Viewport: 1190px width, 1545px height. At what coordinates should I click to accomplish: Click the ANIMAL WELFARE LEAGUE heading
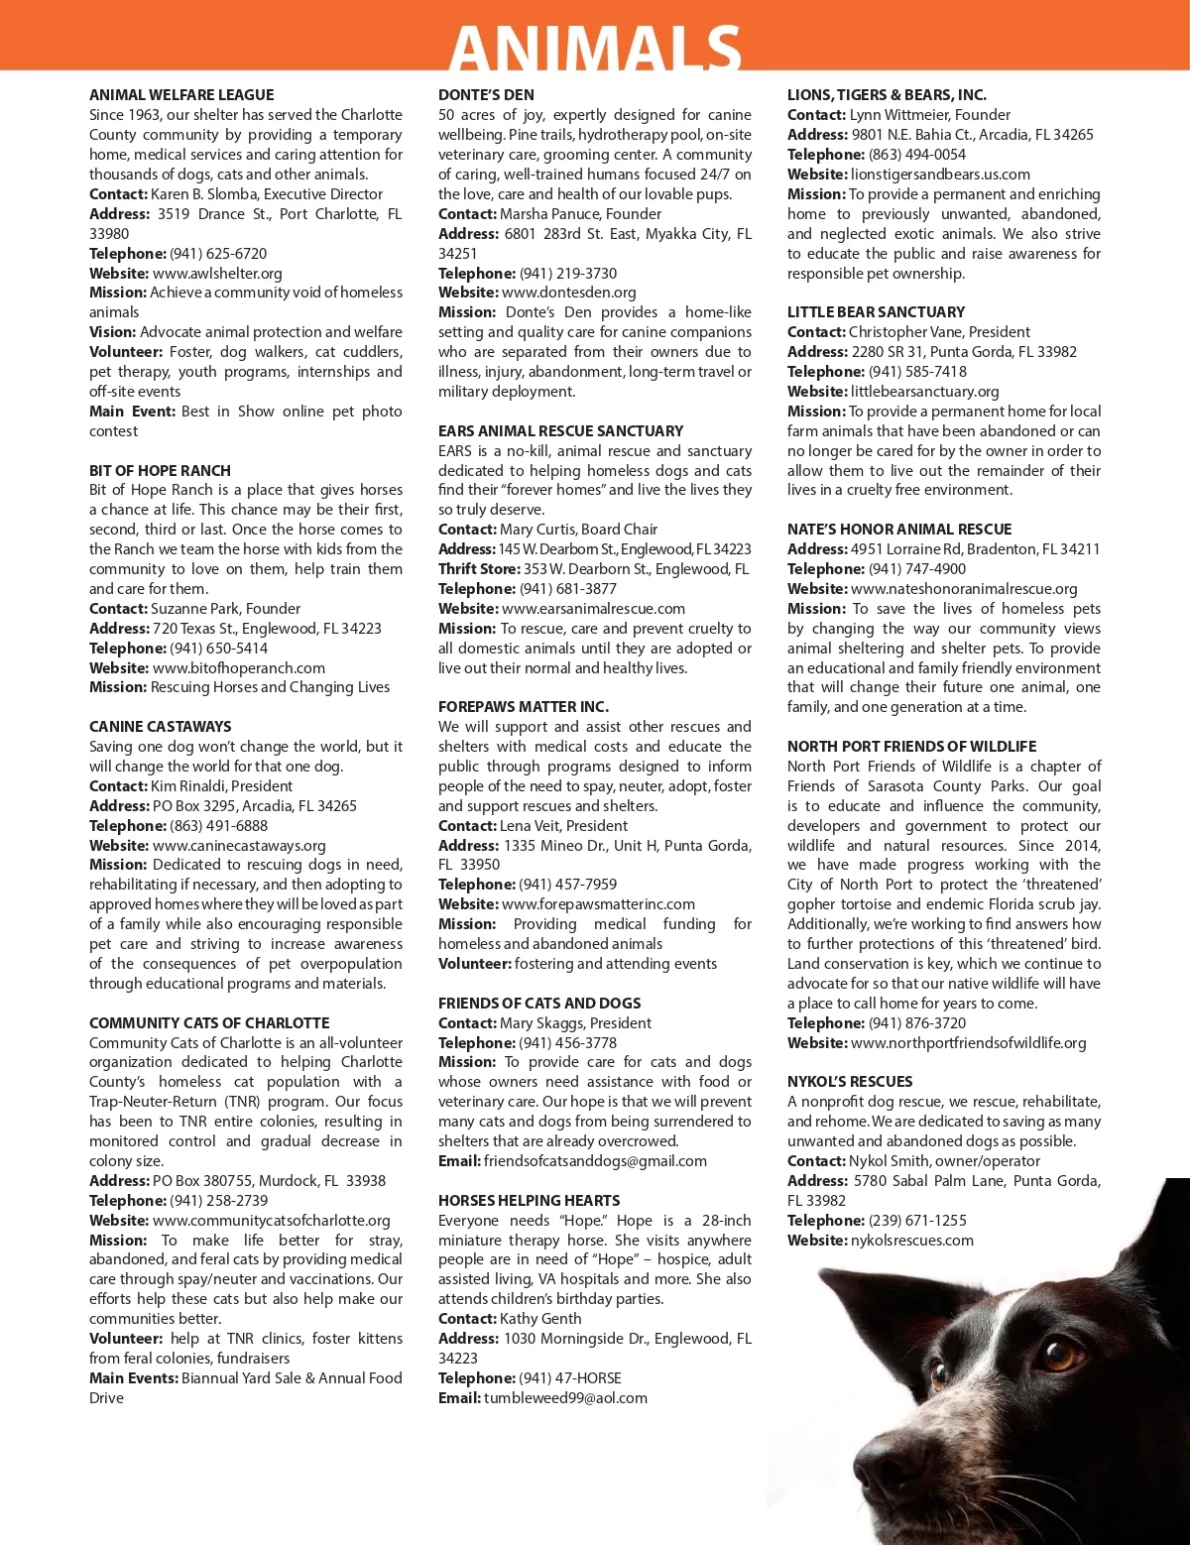pos(181,95)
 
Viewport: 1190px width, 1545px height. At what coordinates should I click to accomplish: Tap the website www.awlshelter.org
pos(217,273)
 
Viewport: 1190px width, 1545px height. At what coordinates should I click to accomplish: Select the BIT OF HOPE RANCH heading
pos(160,470)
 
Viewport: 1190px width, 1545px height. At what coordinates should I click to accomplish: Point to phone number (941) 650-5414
pos(218,648)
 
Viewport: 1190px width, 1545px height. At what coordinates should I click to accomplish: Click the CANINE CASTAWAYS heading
pos(160,726)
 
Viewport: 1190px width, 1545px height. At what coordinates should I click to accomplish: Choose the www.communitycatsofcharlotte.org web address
pos(271,1220)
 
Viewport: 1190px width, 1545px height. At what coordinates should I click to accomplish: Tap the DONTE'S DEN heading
pos(486,95)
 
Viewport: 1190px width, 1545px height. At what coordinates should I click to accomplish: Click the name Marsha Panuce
pos(544,213)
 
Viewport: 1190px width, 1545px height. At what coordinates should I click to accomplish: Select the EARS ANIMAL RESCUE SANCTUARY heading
pos(560,430)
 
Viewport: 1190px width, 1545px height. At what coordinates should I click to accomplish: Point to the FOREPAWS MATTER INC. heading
pos(524,706)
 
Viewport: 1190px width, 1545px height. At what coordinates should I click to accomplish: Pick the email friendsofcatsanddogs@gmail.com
pos(595,1160)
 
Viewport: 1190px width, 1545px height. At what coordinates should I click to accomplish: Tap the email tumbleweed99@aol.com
pos(565,1397)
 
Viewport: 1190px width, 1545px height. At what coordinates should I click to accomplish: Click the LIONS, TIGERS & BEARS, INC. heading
pos(887,95)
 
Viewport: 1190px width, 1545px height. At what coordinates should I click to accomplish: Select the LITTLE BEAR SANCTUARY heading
pos(876,311)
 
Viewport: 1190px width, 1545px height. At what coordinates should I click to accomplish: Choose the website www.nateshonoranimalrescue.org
pos(964,588)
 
